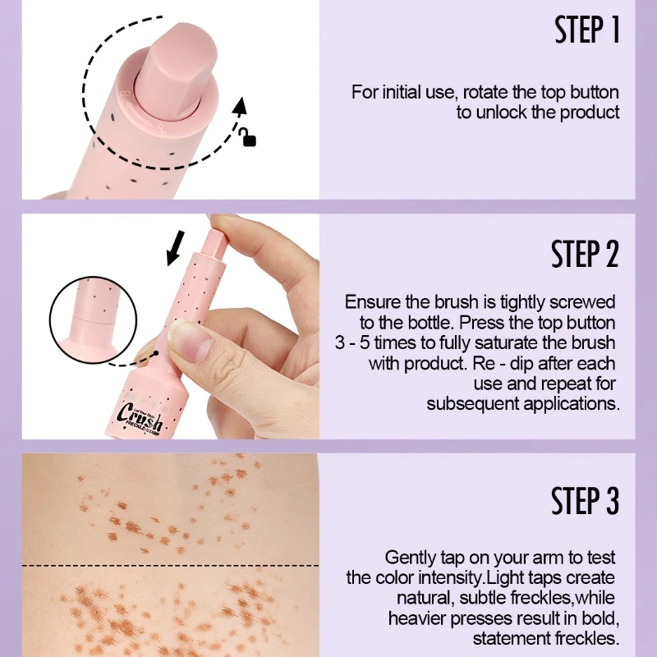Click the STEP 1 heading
(x=586, y=30)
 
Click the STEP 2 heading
(x=586, y=255)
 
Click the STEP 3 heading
(x=586, y=501)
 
